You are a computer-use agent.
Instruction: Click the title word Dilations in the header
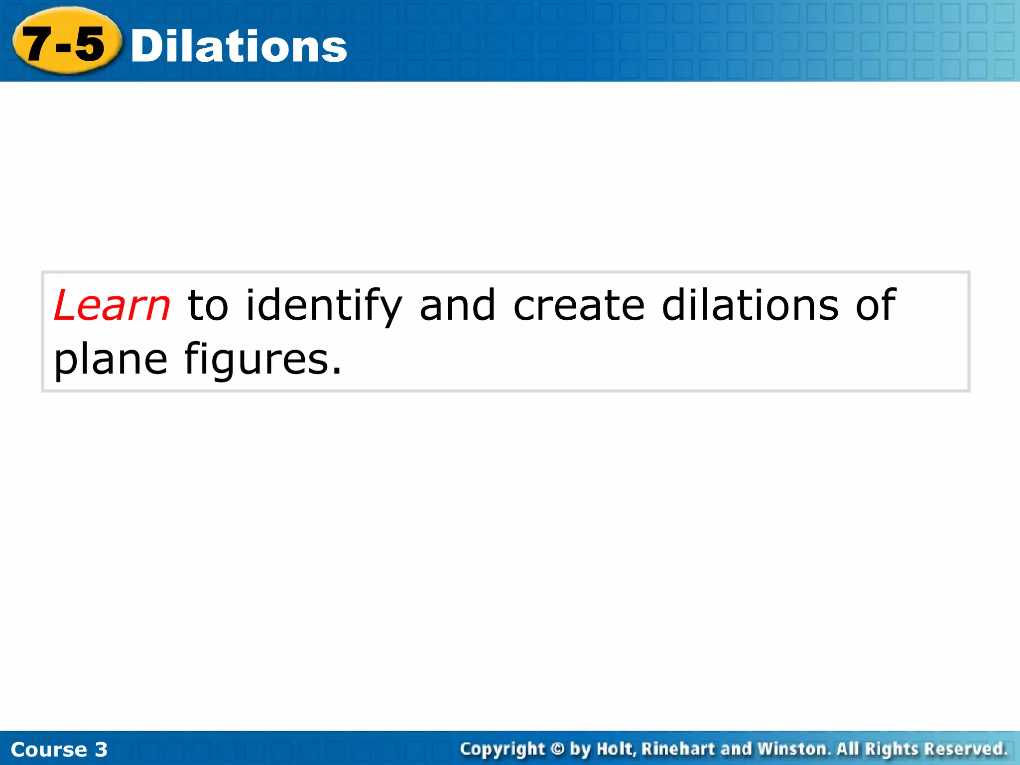pyautogui.click(x=239, y=46)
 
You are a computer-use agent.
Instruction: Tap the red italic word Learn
pyautogui.click(x=112, y=305)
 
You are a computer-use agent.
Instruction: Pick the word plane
pyautogui.click(x=111, y=360)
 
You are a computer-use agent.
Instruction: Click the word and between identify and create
pyautogui.click(x=458, y=305)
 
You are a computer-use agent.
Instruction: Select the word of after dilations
pyautogui.click(x=876, y=305)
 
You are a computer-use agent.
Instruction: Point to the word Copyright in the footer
pyautogui.click(x=503, y=749)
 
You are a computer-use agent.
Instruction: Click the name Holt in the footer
pyautogui.click(x=617, y=749)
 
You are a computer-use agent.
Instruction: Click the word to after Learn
pyautogui.click(x=208, y=305)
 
